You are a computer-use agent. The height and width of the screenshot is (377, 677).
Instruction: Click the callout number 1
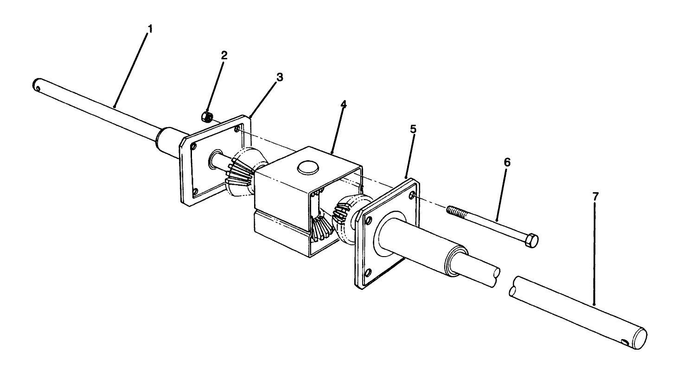(150, 29)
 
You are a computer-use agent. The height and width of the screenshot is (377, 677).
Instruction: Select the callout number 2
(224, 56)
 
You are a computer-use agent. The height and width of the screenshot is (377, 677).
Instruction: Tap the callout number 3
(279, 77)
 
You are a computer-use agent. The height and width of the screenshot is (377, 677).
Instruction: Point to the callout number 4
(343, 105)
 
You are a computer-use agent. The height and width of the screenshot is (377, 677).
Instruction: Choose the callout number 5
(413, 129)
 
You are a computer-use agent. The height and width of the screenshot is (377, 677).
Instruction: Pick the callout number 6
(507, 162)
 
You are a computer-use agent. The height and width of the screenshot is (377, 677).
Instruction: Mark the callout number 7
(595, 196)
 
